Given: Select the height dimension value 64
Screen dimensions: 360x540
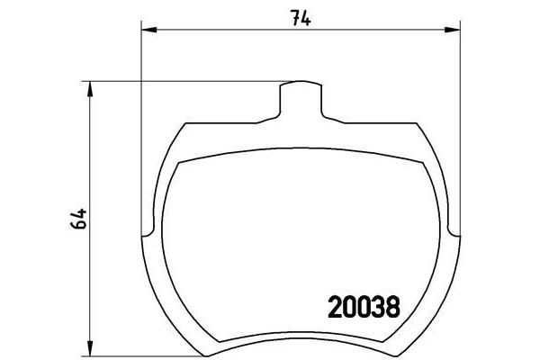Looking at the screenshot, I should (78, 218).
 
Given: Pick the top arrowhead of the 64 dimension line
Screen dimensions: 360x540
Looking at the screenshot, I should (89, 86).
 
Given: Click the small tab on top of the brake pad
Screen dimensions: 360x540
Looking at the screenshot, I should (301, 96).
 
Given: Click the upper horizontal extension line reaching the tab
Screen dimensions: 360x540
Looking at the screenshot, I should (180, 81).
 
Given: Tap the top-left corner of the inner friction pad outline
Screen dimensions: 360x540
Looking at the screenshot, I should (182, 165).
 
